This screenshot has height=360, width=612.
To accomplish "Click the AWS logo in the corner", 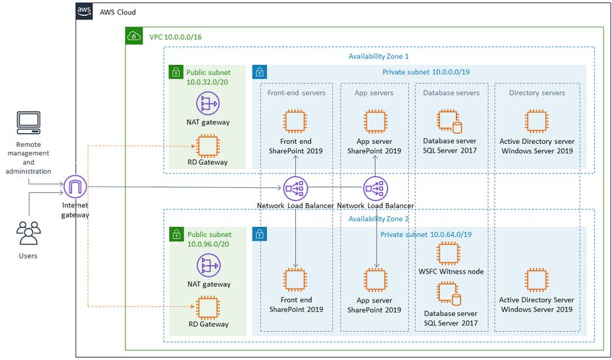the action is click(84, 12).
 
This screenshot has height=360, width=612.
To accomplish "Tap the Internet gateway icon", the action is click(75, 187).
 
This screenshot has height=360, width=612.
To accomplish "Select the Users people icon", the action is click(29, 233).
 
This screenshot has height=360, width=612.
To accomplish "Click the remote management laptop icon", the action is click(29, 122).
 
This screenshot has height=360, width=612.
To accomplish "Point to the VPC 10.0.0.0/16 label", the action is click(175, 37).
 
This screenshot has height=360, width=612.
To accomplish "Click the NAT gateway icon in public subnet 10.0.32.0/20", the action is click(207, 104).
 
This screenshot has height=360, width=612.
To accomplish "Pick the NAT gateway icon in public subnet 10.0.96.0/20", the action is click(208, 266).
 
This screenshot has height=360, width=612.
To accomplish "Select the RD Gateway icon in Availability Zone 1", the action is click(207, 146).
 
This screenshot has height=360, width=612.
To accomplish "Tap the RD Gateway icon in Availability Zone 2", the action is click(207, 307).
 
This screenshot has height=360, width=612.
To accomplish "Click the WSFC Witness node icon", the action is click(449, 253).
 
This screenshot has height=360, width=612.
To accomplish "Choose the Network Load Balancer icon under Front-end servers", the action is click(295, 188).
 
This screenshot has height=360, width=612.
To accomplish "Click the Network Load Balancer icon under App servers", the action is click(375, 188).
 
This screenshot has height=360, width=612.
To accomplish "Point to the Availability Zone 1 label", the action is click(379, 56).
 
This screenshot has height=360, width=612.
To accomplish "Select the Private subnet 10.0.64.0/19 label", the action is click(426, 234).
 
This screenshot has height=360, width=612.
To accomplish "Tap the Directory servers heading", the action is click(537, 93).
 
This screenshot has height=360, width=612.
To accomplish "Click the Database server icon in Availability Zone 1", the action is click(449, 122).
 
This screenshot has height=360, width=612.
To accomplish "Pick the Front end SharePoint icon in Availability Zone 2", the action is click(295, 279).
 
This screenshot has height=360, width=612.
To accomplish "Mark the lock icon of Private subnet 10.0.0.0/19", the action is click(259, 72).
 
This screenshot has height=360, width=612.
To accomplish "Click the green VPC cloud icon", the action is click(133, 36).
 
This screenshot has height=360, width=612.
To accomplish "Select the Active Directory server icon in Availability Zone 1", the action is click(536, 122).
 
